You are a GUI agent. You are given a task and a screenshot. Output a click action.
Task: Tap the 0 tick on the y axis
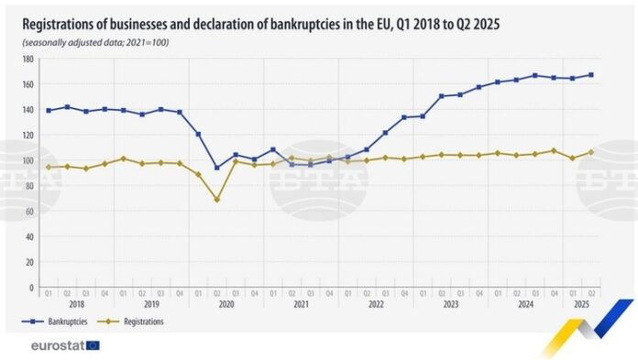tap(31, 288)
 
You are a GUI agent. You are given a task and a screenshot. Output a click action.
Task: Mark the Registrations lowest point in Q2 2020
tap(217, 200)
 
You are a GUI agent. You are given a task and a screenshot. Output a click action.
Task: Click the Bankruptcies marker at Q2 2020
tap(217, 168)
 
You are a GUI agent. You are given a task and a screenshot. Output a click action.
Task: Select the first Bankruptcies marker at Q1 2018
tap(48, 110)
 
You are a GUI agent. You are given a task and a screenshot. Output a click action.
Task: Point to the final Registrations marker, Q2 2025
tap(591, 152)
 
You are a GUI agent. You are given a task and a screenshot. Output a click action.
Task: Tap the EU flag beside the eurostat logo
tap(93, 345)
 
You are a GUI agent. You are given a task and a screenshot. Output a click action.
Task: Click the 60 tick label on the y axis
tap(29, 211)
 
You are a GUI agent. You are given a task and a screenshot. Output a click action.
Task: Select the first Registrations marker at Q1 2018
tap(48, 167)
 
